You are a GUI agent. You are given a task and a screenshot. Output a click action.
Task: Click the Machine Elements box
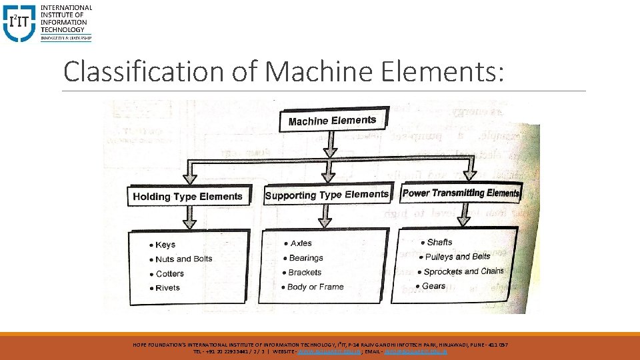tap(332, 121)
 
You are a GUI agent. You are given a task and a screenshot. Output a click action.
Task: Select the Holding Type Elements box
tap(187, 196)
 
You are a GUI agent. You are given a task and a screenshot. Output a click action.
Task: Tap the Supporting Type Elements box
tap(326, 195)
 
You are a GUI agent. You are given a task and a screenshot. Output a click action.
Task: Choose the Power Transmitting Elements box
tap(460, 193)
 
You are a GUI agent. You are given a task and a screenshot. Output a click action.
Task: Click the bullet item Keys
tap(165, 245)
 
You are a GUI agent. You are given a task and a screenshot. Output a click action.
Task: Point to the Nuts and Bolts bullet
tap(183, 259)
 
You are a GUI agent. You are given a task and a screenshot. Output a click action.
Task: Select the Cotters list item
tap(169, 273)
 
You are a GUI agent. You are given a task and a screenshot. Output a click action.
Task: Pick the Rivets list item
tap(167, 288)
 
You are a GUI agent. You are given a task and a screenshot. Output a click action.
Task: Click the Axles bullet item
tap(301, 243)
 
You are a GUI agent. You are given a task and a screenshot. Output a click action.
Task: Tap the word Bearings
tap(306, 258)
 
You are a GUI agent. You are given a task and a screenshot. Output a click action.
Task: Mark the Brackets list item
tap(305, 273)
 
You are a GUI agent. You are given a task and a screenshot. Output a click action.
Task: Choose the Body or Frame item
tap(315, 287)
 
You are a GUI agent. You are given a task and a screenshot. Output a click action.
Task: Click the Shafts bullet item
tap(439, 242)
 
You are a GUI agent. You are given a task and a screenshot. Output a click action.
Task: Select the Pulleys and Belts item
tap(458, 257)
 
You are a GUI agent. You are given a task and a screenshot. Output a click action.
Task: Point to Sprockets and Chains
tap(463, 271)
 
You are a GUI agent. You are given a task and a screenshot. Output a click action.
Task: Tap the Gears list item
tap(433, 286)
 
